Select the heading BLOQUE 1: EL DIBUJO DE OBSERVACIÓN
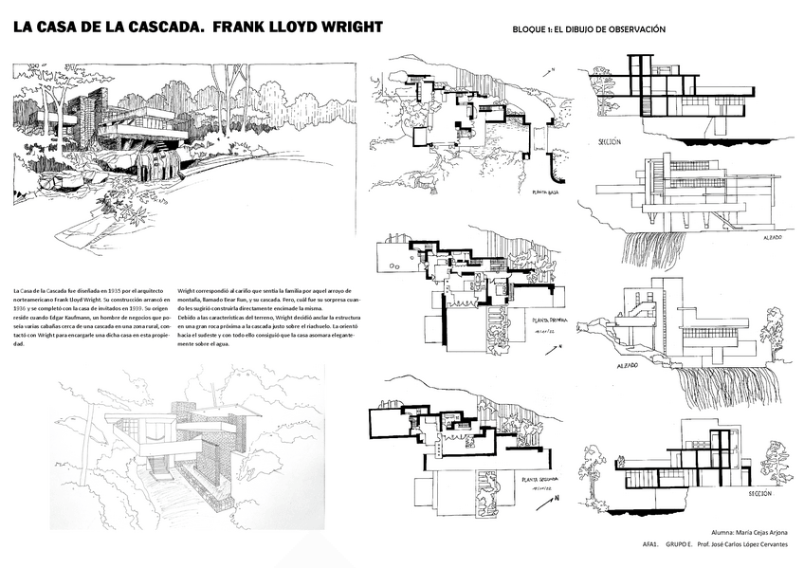pos(588,29)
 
